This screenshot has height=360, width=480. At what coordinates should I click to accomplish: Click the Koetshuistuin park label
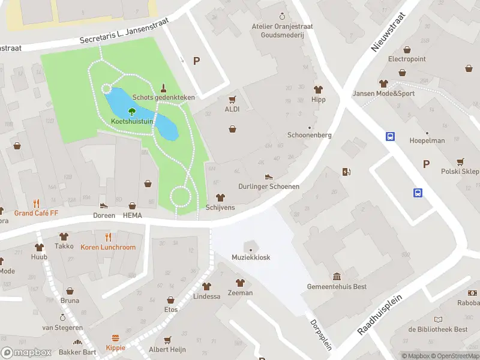tap(132, 121)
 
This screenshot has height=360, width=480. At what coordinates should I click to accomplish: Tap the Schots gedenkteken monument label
tap(163, 97)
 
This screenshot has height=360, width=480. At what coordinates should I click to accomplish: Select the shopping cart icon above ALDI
tap(232, 99)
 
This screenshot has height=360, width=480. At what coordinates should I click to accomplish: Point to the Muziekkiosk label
tap(251, 257)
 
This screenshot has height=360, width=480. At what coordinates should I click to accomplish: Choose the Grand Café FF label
tap(37, 213)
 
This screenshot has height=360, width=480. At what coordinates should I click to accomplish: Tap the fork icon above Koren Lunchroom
tap(108, 236)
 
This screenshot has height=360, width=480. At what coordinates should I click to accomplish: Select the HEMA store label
tap(132, 215)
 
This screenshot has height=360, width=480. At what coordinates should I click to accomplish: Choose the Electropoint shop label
tap(407, 59)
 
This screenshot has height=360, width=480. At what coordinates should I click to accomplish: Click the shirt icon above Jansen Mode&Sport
tap(383, 83)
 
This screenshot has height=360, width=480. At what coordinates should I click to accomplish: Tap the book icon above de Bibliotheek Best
tap(439, 319)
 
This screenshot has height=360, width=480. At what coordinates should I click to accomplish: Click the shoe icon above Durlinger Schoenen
tap(269, 176)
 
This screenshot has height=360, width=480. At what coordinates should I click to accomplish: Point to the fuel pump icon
tap(346, 172)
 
